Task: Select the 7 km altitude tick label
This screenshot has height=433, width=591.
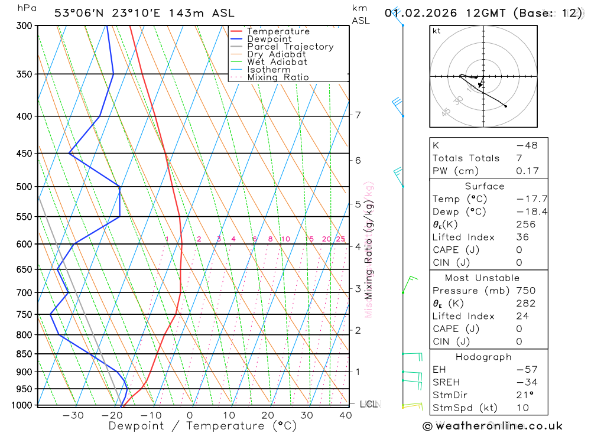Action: point(358,115)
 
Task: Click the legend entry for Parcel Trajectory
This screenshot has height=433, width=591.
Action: point(290,47)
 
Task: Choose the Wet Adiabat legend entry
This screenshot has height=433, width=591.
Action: point(277,62)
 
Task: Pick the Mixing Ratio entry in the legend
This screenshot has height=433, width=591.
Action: point(278,77)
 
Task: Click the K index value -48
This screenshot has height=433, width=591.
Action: point(527,145)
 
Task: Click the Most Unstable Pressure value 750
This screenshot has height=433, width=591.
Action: point(526,291)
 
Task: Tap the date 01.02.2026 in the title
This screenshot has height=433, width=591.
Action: point(417,13)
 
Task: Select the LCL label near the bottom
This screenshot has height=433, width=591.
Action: point(369,405)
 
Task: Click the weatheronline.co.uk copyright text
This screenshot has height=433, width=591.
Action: point(492,426)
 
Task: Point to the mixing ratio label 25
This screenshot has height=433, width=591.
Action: point(340,239)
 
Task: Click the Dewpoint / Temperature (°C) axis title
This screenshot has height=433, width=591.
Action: point(194,426)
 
